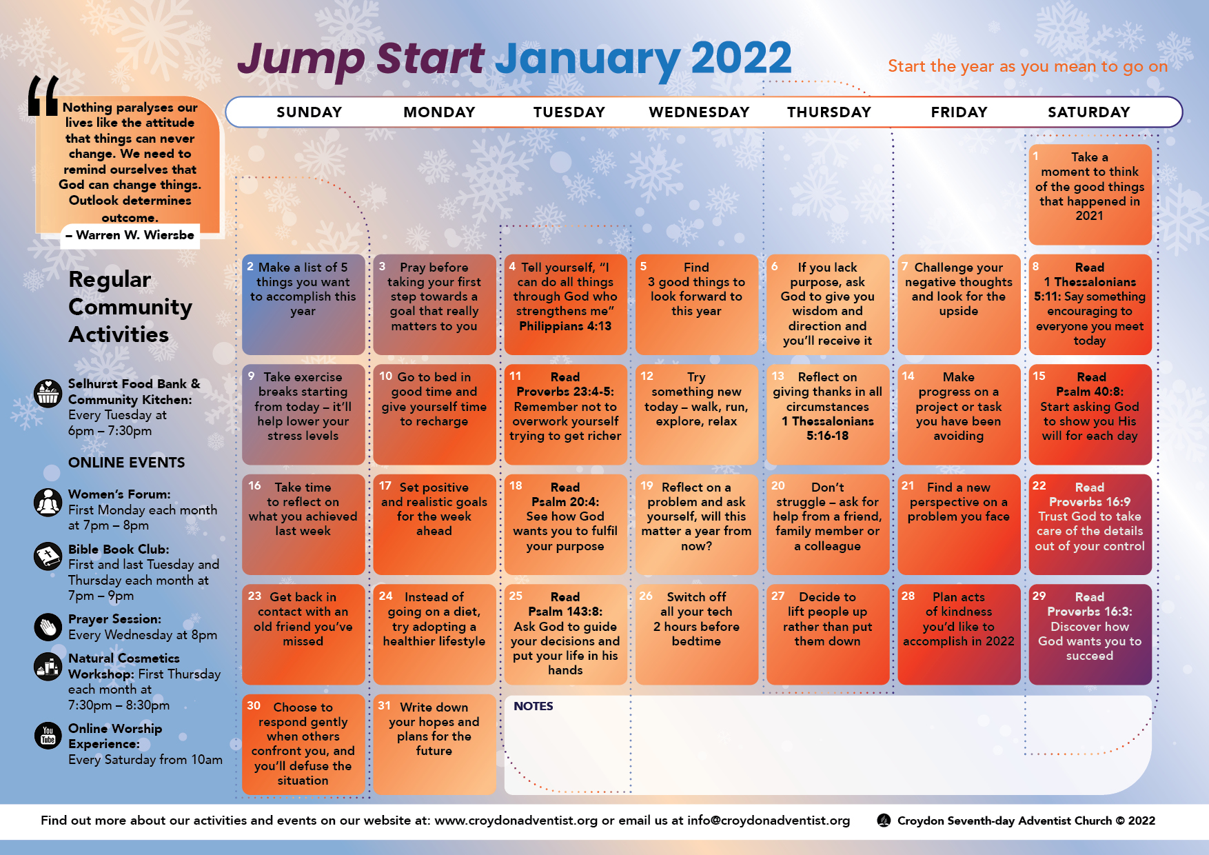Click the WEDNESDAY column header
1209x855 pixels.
pos(699,112)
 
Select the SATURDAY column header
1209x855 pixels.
pos(1088,112)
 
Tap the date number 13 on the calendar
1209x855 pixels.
pos(778,376)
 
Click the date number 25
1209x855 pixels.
pos(516,596)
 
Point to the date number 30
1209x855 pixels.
pos(254,706)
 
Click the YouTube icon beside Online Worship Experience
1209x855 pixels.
pos(48,735)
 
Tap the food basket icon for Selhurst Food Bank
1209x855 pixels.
pos(48,394)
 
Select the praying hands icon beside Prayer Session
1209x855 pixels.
pos(48,627)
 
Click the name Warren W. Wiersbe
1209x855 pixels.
pos(134,235)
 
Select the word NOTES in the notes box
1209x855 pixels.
pos(533,706)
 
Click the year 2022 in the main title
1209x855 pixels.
pos(741,58)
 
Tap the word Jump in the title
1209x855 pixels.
pos(301,59)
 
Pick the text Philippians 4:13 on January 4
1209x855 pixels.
pos(565,326)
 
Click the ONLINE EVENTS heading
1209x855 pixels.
pos(126,463)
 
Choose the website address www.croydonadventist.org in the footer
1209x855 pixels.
pos(516,821)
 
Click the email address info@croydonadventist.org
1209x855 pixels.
pos(768,821)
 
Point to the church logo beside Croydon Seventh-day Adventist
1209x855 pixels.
pos(883,821)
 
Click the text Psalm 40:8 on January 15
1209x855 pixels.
pos(1089,392)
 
